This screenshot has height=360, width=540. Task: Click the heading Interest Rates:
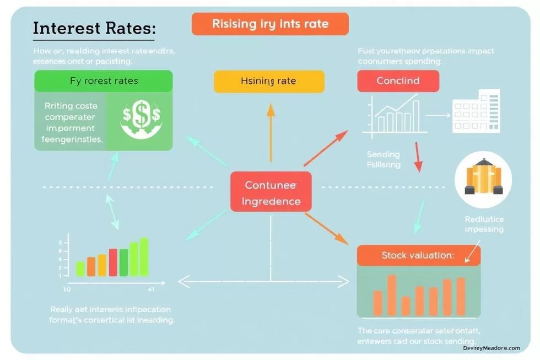[x=94, y=28]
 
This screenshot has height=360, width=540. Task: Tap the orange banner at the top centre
[x=270, y=24]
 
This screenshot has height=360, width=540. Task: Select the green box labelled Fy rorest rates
[x=104, y=81]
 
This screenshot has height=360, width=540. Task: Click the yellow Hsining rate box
[x=268, y=81]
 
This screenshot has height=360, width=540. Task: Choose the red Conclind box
[x=398, y=81]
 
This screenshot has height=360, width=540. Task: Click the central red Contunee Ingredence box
[x=271, y=192]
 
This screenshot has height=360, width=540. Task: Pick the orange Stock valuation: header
[x=418, y=255]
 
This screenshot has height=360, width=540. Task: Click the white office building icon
[x=476, y=111]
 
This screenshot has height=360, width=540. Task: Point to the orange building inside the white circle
[x=483, y=179]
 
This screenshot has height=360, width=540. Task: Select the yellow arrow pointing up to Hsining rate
[x=270, y=132]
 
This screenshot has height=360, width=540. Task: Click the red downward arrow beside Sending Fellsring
[x=418, y=158]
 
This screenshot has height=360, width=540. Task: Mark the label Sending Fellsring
[x=384, y=160]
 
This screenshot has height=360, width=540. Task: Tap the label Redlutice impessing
[x=484, y=224]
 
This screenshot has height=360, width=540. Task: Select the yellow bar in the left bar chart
[x=102, y=265]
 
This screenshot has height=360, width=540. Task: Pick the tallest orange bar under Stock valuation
[x=392, y=294]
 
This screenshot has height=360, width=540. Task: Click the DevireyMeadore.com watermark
[x=492, y=348]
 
